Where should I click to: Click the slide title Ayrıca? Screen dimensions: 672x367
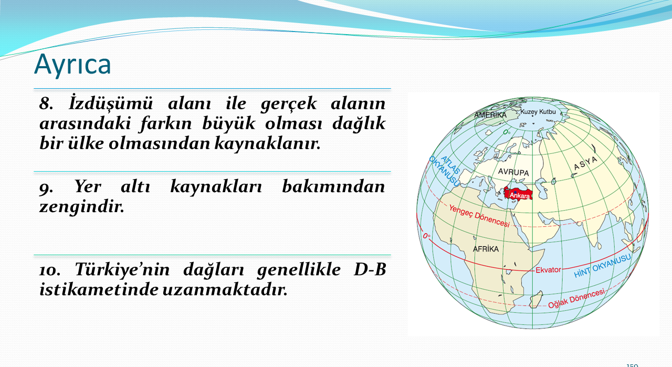(72, 65)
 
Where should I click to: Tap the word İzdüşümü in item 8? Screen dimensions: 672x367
(111, 103)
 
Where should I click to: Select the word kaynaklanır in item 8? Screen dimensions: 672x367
(267, 143)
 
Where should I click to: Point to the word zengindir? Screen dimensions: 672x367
(81, 207)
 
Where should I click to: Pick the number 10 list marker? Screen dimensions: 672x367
(50, 270)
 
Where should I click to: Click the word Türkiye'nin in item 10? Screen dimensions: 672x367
(122, 269)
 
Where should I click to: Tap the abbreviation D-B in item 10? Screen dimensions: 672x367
(370, 269)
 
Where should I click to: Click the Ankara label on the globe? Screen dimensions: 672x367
(519, 196)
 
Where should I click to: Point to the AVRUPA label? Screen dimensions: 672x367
(513, 172)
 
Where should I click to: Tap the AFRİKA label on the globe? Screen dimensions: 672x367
(486, 249)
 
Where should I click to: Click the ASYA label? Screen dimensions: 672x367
(585, 163)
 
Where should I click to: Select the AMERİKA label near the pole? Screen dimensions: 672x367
(490, 115)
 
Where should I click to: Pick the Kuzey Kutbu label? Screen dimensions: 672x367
(538, 112)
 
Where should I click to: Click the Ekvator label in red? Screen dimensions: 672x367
(548, 270)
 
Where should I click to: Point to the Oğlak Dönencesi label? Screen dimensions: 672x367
(576, 299)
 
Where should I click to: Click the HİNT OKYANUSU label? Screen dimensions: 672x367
(602, 266)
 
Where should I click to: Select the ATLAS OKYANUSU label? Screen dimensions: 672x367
(445, 171)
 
